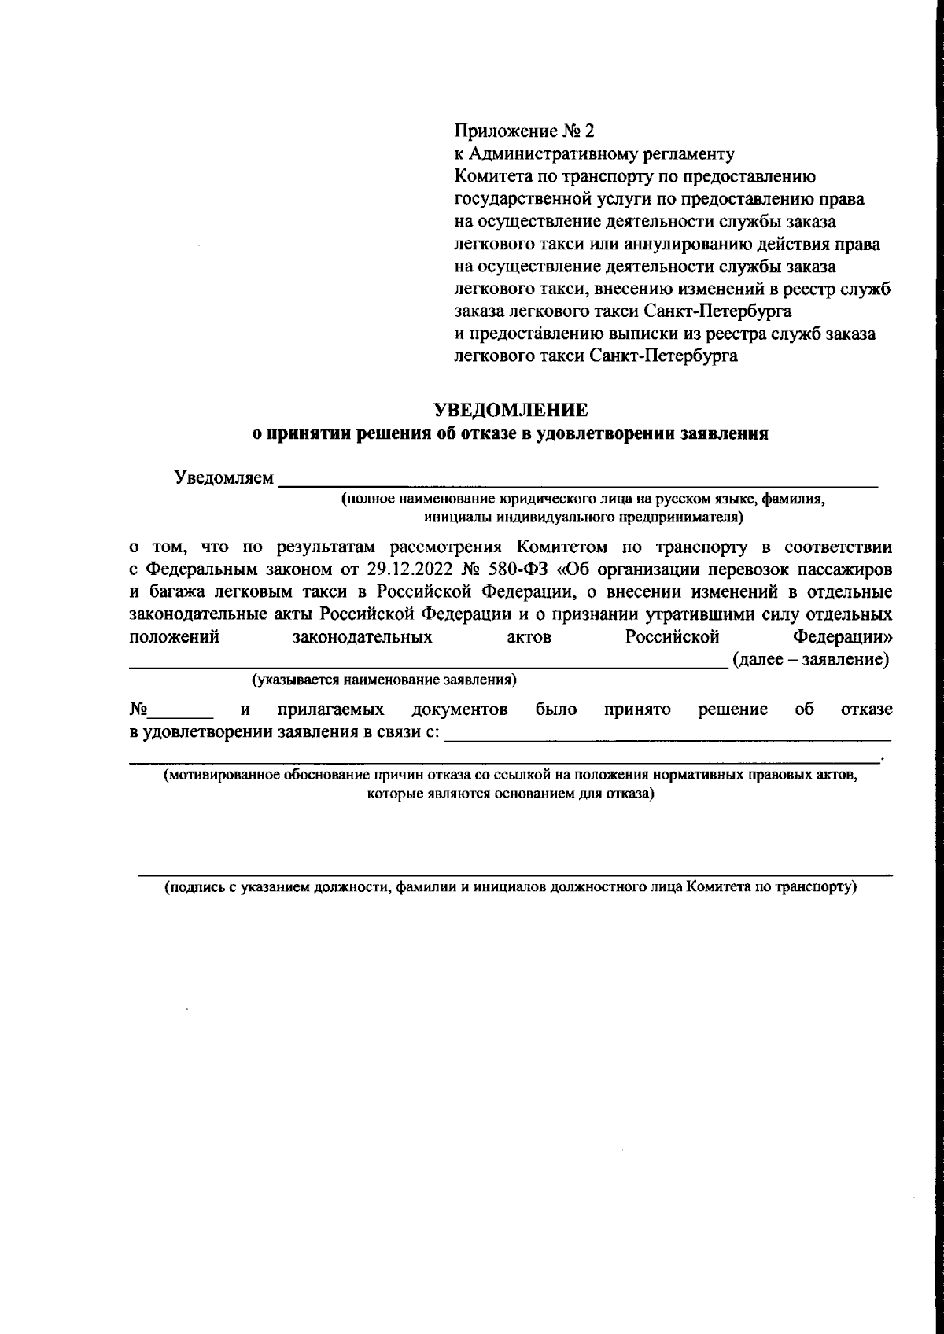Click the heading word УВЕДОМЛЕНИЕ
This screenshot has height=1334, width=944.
pyautogui.click(x=511, y=410)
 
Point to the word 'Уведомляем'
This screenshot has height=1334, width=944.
pyautogui.click(x=224, y=478)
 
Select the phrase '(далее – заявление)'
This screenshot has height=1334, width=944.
pyautogui.click(x=811, y=660)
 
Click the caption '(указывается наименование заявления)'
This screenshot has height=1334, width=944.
pyautogui.click(x=383, y=679)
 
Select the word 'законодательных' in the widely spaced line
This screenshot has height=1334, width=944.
pyautogui.click(x=363, y=637)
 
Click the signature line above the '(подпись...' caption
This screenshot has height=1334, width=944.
pyautogui.click(x=515, y=873)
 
